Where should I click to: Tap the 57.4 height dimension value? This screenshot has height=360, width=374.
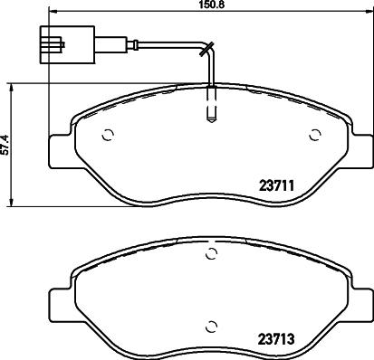pos(5,146)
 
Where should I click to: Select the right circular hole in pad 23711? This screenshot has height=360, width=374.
pos(314,137)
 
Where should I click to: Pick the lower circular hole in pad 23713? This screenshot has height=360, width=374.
pos(211,327)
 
